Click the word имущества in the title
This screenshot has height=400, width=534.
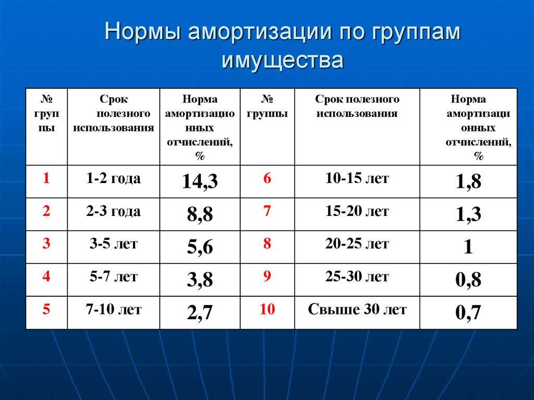(x=282, y=60)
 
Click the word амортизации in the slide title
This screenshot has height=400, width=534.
(x=260, y=31)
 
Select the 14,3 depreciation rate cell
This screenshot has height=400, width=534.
(x=200, y=181)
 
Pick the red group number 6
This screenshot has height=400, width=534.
(x=267, y=178)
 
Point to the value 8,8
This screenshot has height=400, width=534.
(x=200, y=214)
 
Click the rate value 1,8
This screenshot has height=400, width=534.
(x=468, y=181)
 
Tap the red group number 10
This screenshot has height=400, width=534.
(x=267, y=309)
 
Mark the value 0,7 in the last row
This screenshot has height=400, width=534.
(x=468, y=312)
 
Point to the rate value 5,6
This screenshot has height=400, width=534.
(x=200, y=247)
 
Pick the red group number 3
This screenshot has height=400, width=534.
(x=46, y=244)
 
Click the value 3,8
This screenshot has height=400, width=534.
(x=200, y=280)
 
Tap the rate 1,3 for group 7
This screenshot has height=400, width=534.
(x=468, y=214)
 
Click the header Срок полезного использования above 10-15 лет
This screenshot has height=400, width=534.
(x=357, y=106)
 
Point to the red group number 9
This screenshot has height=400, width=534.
(x=267, y=276)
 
